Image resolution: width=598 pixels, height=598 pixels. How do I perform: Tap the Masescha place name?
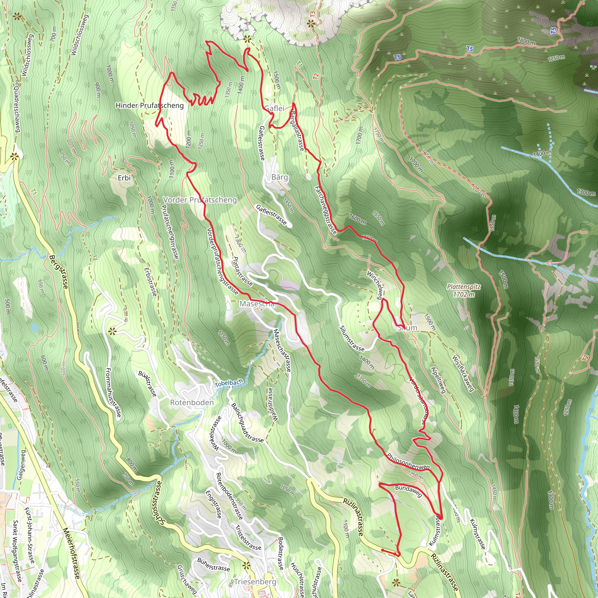tap(257, 304)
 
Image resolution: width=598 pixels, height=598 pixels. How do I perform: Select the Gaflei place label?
tap(274, 108)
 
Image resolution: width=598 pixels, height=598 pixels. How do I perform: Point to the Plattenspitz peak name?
tap(464, 287)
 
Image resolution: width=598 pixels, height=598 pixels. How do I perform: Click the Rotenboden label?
tap(192, 403)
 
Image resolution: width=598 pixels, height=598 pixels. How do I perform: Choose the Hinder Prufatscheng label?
tap(149, 105)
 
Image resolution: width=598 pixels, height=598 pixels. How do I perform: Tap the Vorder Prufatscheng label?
tap(200, 200)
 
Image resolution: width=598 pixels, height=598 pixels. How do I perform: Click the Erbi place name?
tap(124, 178)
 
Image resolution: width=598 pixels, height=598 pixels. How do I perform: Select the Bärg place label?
tap(279, 177)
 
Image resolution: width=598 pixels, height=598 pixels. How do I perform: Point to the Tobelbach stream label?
tap(229, 383)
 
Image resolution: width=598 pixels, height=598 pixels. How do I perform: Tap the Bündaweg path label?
tap(408, 491)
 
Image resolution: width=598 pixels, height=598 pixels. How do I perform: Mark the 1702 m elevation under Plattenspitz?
tap(464, 294)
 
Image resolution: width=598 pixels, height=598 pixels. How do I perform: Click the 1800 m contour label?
tap(526, 41)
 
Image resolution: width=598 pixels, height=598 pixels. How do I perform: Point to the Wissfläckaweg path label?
tap(463, 373)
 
